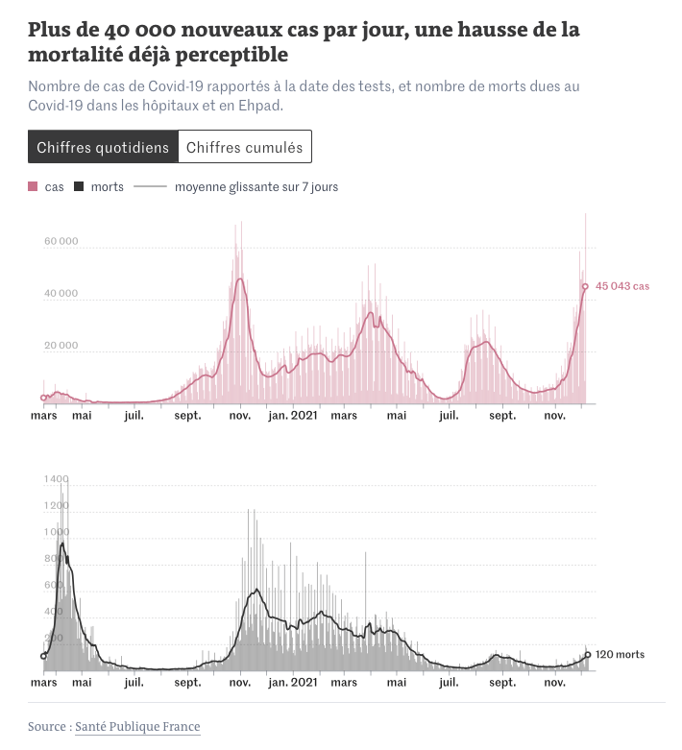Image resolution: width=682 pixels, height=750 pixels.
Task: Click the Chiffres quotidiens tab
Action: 103,147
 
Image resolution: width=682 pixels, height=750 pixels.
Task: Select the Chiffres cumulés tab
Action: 244,147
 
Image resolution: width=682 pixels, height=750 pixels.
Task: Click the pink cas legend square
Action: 34,187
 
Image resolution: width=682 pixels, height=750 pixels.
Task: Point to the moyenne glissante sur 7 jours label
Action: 256,187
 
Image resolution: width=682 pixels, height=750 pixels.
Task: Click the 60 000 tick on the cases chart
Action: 61,242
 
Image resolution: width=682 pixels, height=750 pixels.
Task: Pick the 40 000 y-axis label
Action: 61,294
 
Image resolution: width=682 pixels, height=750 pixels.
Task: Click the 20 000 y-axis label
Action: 61,346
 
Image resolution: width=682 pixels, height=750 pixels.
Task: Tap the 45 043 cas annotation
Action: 622,286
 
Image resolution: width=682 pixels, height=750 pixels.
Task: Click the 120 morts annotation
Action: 621,655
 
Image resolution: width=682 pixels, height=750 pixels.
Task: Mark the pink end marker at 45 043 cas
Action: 585,286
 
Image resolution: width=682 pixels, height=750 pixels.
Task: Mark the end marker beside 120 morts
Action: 588,656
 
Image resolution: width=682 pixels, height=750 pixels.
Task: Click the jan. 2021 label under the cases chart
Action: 292,416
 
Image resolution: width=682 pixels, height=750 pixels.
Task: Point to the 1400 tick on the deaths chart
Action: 56,479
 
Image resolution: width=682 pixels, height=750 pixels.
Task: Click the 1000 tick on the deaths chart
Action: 56,532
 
